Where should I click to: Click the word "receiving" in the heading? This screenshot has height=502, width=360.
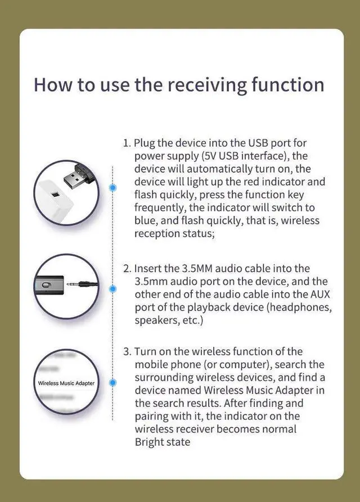pyautogui.click(x=210, y=85)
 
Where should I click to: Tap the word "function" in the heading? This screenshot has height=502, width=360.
pyautogui.click(x=290, y=84)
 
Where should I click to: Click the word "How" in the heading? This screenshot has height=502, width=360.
pyautogui.click(x=50, y=85)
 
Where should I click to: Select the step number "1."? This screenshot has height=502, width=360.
pyautogui.click(x=127, y=143)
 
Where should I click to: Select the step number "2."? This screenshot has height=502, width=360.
pyautogui.click(x=127, y=269)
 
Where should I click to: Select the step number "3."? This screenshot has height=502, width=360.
pyautogui.click(x=127, y=352)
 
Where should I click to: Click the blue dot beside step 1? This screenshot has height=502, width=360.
pyautogui.click(x=113, y=187)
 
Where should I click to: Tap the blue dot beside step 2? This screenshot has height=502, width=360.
pyautogui.click(x=113, y=288)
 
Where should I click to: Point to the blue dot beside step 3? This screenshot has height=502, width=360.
pyautogui.click(x=113, y=382)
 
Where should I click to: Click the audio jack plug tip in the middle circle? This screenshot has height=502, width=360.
pyautogui.click(x=79, y=285)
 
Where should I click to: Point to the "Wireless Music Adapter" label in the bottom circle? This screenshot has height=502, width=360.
pyautogui.click(x=66, y=383)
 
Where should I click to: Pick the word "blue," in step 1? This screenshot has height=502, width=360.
pyautogui.click(x=147, y=221)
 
